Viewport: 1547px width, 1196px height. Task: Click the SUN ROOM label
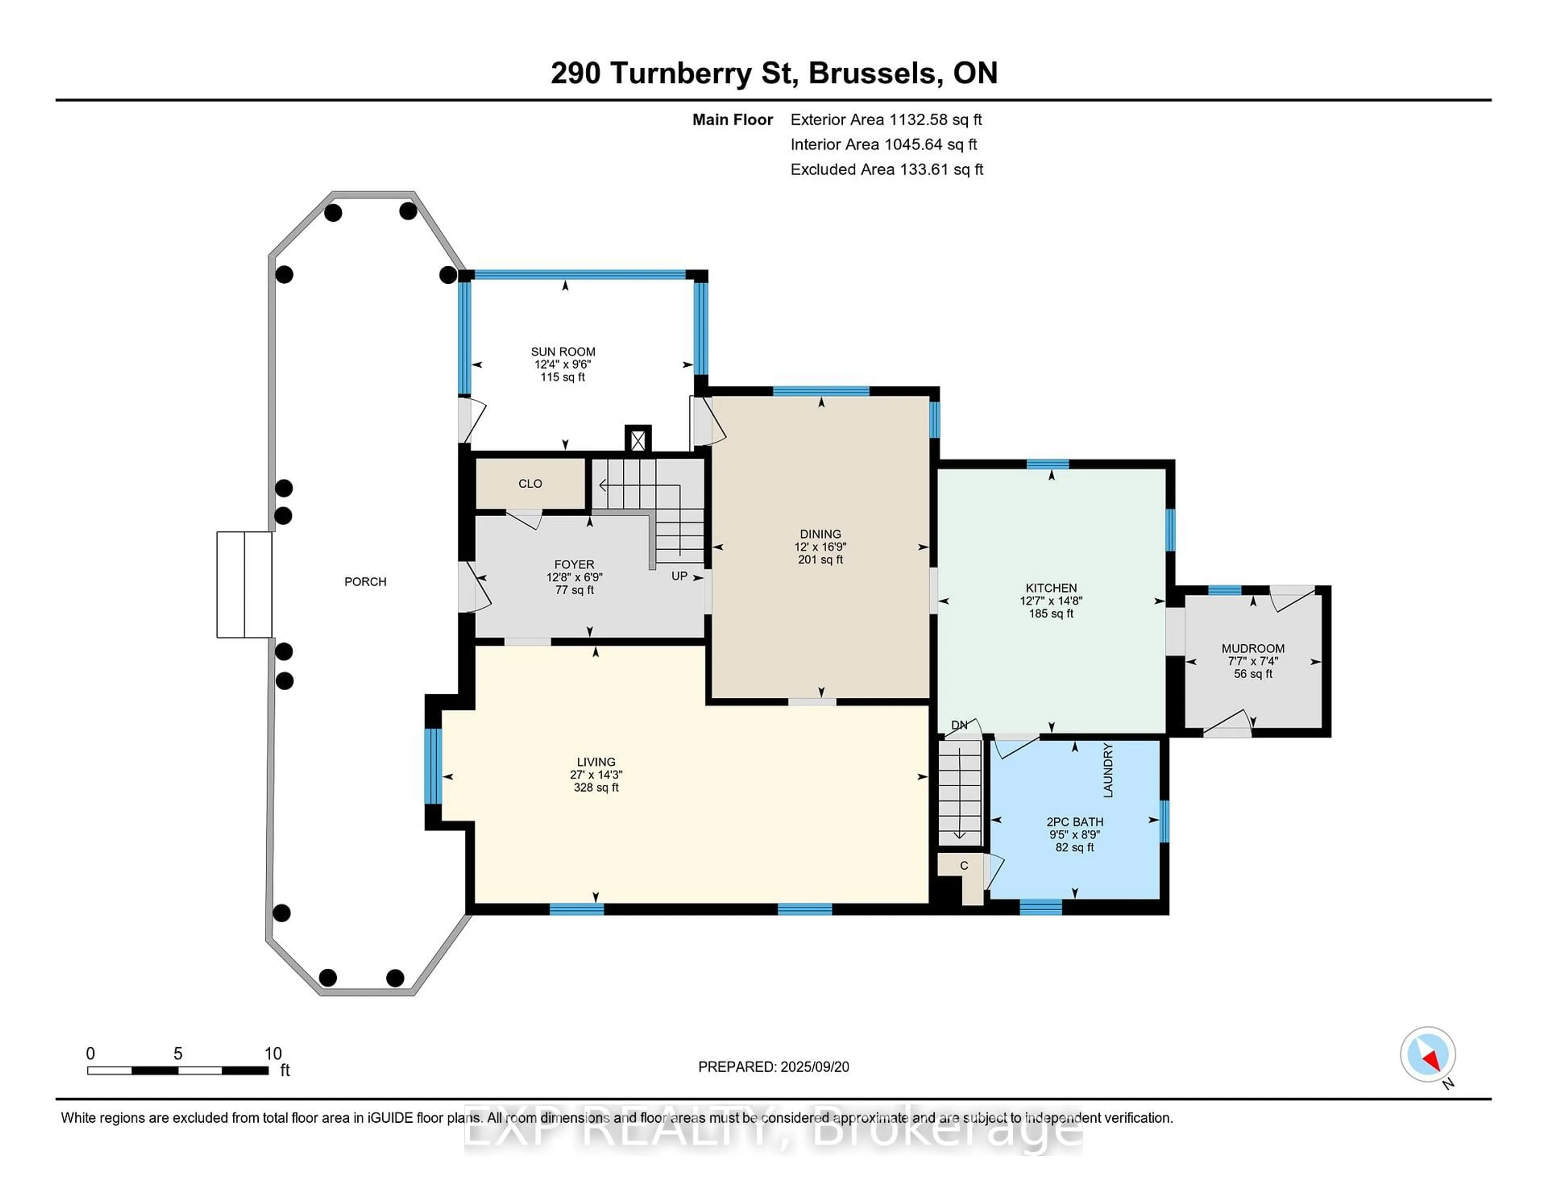coord(563,351)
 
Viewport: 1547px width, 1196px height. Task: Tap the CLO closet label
coord(530,484)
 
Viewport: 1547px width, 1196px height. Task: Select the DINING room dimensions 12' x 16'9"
coord(820,547)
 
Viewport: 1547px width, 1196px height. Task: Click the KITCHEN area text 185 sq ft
coord(1051,614)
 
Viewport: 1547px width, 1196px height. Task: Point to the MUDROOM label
coord(1253,648)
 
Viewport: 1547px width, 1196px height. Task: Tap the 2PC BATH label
coord(1074,822)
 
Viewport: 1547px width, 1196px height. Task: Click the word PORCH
coord(365,582)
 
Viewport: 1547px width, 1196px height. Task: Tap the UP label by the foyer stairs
coord(679,576)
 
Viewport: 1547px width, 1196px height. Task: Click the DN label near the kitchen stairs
coord(959,725)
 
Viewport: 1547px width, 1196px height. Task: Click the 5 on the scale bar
coord(178,1054)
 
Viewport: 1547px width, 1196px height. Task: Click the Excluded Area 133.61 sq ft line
coord(887,169)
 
